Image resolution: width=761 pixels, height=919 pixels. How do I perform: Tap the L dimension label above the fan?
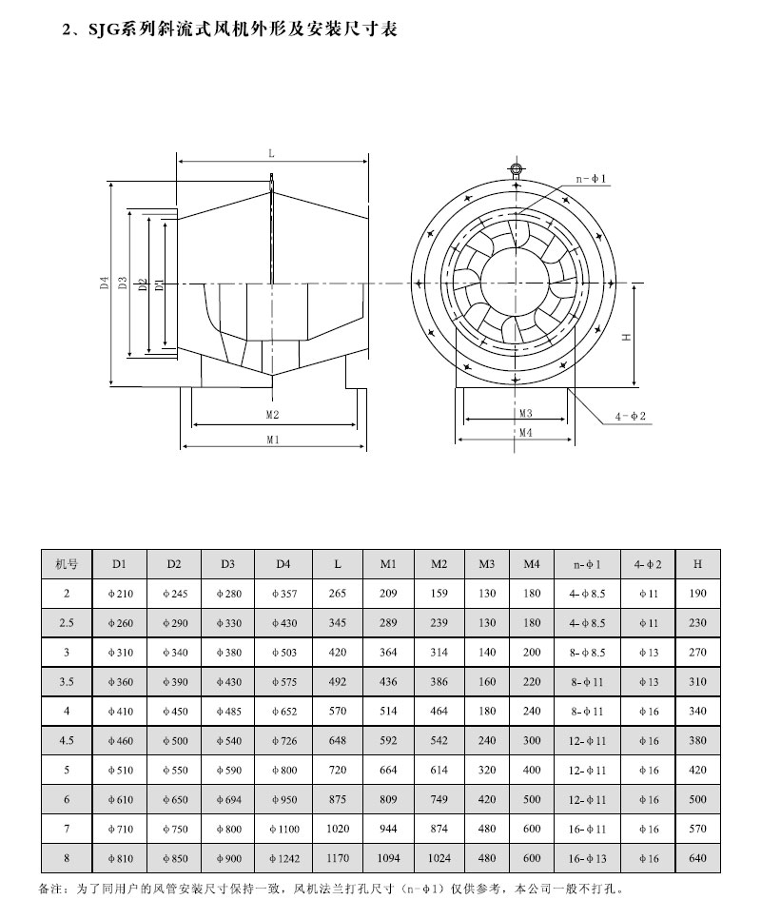tap(271, 152)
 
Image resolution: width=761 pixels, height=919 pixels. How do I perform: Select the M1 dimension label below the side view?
tap(272, 440)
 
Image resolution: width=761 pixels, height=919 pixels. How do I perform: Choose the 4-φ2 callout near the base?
tap(630, 417)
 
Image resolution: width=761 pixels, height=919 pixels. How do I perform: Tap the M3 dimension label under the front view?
tap(526, 414)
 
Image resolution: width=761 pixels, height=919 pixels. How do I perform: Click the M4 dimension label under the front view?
tap(526, 432)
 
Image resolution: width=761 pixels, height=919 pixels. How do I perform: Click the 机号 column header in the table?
tap(67, 564)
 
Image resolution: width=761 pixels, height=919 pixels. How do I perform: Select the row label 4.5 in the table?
tap(67, 741)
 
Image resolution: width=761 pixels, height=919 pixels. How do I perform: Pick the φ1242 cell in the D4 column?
tap(283, 859)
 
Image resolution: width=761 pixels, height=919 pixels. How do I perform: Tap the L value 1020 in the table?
tap(337, 830)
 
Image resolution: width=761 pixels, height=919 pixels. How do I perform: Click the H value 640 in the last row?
tap(697, 859)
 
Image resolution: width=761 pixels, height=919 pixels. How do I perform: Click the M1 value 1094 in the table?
tap(388, 859)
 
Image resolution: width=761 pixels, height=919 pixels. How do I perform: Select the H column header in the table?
tap(697, 564)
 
